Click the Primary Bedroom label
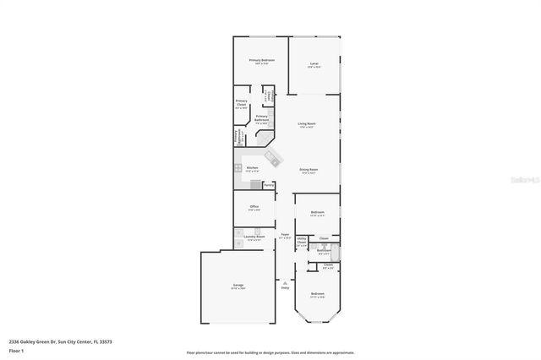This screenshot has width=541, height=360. tap(261, 62)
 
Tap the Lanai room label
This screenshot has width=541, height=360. tap(314, 65)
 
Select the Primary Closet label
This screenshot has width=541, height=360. tap(241, 104)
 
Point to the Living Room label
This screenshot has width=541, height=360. tap(306, 125)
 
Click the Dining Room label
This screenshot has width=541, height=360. tap(308, 171)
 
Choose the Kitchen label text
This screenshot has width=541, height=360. tap(252, 169)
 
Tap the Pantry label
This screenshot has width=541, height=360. tap(269, 184)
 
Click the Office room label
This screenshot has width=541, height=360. tap(254, 208)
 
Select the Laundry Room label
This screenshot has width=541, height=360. tap(254, 237)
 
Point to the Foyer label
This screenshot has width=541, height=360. tap(286, 236)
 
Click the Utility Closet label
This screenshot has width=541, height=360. tap(301, 243)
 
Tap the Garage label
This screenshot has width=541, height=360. tap(238, 286)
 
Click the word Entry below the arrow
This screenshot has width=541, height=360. tap(285, 289)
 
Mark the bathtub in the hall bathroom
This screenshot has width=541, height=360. tap(336, 252)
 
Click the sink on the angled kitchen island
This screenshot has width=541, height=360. tap(272, 157)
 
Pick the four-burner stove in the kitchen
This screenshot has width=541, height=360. tap(238, 168)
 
